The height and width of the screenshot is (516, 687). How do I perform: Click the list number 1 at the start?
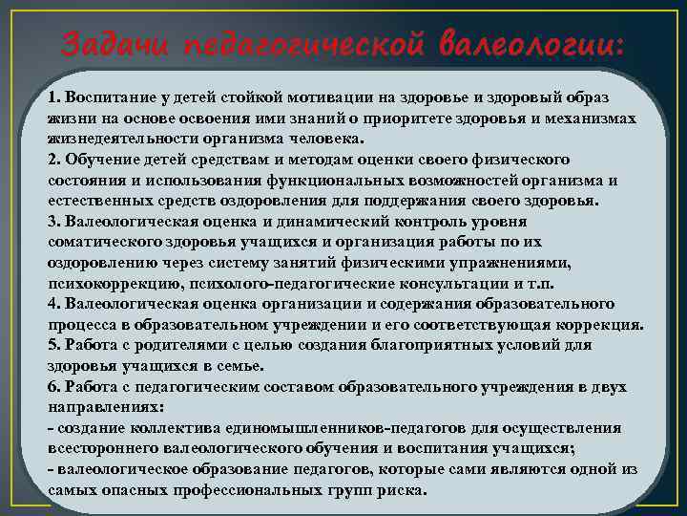coord(52,98)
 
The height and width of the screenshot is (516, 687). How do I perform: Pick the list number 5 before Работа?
coord(52,345)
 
